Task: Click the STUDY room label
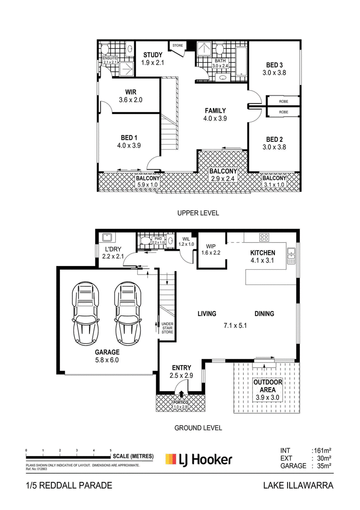153,55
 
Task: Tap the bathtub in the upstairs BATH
241,62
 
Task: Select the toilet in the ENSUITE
105,50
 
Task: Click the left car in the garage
85,314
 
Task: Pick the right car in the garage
128,314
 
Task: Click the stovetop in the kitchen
264,237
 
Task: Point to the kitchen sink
291,256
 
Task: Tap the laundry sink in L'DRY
107,237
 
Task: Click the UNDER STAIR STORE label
167,328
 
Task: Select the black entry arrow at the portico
181,394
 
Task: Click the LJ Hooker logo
199,460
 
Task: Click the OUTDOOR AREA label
268,386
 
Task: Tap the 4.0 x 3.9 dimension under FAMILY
215,118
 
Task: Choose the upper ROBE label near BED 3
283,101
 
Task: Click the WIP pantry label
211,246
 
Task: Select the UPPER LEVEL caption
198,213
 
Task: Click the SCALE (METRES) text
133,456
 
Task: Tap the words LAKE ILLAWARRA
298,486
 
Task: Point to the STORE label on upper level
178,45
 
